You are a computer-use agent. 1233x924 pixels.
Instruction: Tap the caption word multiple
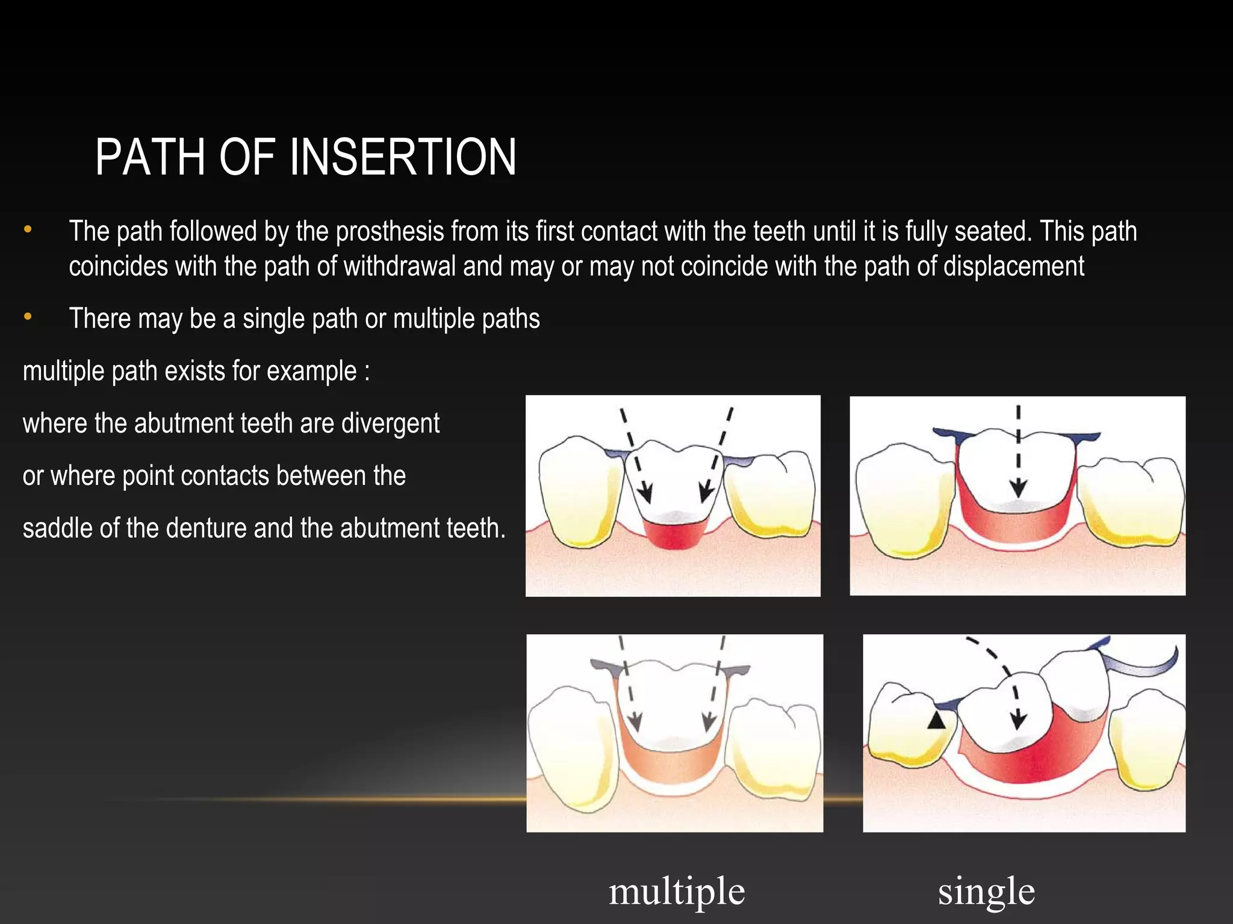point(677,891)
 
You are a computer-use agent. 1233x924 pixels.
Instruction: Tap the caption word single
point(986,891)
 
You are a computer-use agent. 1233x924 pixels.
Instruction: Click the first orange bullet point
point(28,230)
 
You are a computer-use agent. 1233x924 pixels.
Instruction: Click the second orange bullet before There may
point(28,316)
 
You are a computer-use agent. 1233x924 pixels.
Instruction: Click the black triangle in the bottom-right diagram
point(936,720)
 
